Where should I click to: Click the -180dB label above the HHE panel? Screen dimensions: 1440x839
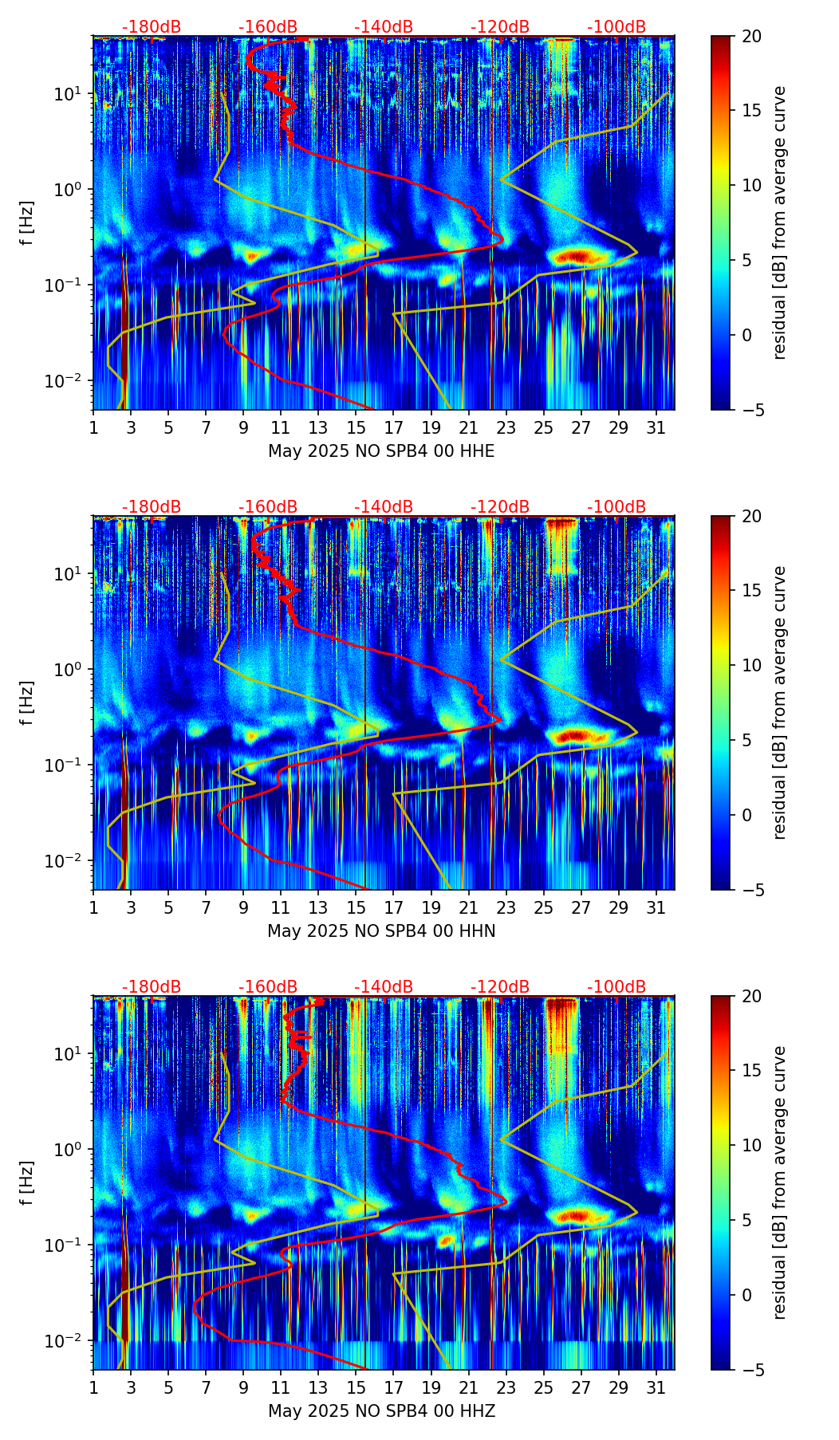coord(152,27)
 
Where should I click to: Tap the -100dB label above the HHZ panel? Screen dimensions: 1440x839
coord(616,987)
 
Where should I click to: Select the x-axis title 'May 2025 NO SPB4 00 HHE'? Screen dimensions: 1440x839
coord(381,451)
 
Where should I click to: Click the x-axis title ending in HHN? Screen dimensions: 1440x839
coord(381,931)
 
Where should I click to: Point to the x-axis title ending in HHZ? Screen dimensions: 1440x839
coord(381,1411)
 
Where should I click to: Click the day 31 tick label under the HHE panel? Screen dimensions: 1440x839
coord(656,429)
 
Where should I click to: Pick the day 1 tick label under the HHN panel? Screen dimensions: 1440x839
coord(93,909)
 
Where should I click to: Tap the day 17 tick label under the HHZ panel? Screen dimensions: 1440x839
coord(394,1389)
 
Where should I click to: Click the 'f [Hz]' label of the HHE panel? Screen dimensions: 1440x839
coord(28,222)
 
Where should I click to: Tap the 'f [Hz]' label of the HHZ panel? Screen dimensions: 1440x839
coord(28,1182)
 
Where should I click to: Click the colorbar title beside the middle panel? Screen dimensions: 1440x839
coord(779,702)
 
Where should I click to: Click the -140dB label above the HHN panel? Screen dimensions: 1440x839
coord(384,507)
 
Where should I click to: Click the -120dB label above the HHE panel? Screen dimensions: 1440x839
coord(500,27)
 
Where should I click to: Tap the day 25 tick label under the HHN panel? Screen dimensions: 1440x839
coord(544,909)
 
